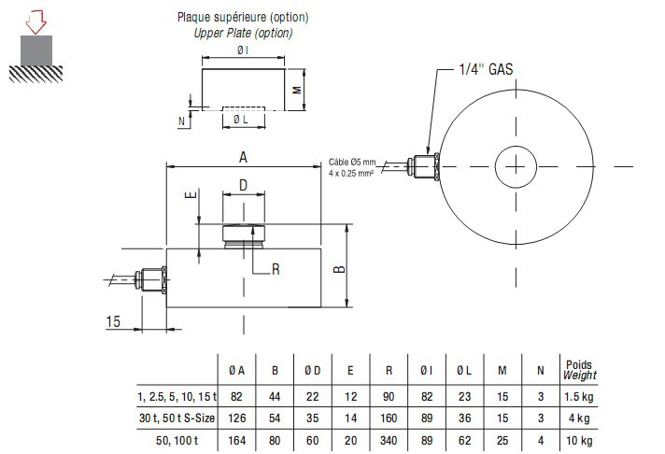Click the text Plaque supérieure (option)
tap(242, 18)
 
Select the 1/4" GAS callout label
tap(486, 69)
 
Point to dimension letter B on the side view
tap(341, 268)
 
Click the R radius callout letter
tap(276, 269)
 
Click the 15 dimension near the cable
tap(112, 320)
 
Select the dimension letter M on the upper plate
tap(295, 91)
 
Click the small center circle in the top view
tap(515, 166)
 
